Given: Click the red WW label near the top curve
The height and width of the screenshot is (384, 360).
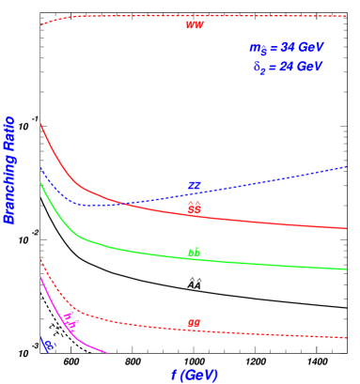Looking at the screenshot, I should [194, 25].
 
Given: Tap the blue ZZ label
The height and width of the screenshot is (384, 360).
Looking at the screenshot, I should [195, 186].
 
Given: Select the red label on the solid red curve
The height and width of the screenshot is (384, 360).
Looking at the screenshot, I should [194, 208].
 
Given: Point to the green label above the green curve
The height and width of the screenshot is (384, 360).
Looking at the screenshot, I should [194, 253].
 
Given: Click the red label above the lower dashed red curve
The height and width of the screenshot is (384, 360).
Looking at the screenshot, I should [194, 324].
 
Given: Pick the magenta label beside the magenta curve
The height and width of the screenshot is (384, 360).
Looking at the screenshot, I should [70, 319].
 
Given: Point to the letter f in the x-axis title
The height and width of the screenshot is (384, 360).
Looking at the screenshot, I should [173, 375].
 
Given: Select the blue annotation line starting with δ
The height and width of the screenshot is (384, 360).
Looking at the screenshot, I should [288, 67].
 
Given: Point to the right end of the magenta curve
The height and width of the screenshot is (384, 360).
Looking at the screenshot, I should [107, 353].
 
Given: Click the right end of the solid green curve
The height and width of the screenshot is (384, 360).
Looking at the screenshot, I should [346, 269].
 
